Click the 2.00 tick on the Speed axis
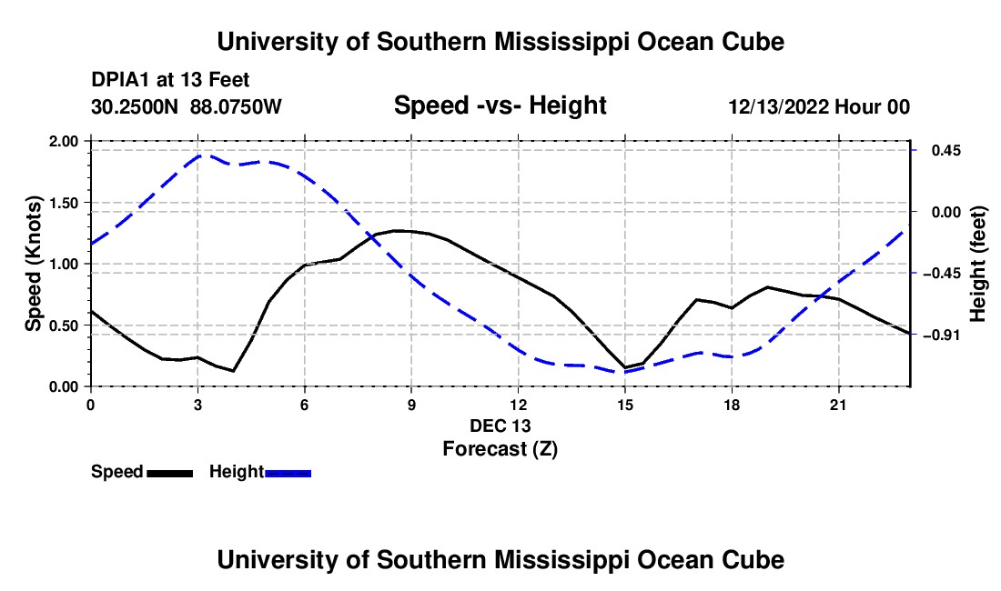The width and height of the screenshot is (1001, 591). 63,141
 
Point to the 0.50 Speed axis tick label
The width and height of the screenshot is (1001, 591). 63,326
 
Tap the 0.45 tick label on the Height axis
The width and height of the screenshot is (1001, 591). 946,150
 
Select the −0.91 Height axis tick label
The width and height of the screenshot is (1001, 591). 943,335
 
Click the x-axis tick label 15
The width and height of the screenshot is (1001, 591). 625,405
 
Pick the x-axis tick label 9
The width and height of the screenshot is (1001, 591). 411,405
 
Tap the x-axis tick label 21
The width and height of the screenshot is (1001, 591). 838,405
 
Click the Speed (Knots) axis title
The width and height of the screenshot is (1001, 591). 33,264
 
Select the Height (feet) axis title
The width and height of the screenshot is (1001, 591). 977,264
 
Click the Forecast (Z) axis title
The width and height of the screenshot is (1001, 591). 500,449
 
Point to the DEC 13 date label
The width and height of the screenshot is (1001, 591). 500,426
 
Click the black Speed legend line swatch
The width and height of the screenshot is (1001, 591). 170,473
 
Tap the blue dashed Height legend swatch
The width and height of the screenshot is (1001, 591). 288,473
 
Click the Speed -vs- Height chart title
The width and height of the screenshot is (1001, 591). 500,105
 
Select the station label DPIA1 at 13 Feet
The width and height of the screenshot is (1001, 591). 170,80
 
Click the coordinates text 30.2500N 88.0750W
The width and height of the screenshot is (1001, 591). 186,106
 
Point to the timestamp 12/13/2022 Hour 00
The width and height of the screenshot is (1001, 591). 819,106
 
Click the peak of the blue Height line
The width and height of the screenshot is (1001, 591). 200,155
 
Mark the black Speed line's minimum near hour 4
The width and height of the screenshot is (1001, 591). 234,370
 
